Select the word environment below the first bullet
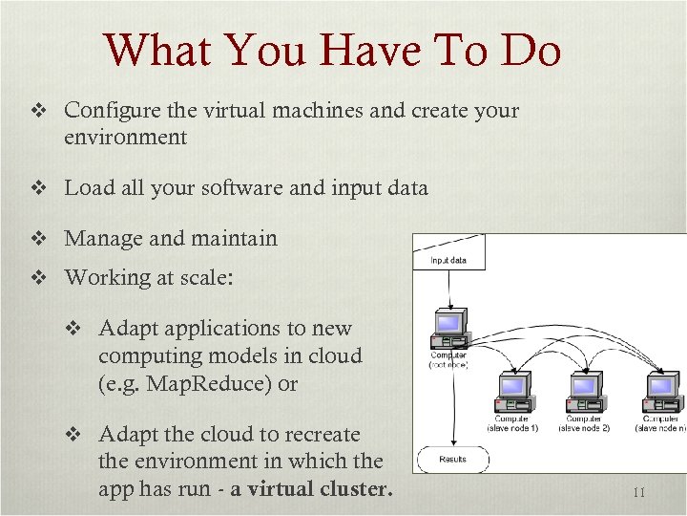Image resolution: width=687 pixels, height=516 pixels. click(x=125, y=137)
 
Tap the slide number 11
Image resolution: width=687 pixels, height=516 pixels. click(x=639, y=493)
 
